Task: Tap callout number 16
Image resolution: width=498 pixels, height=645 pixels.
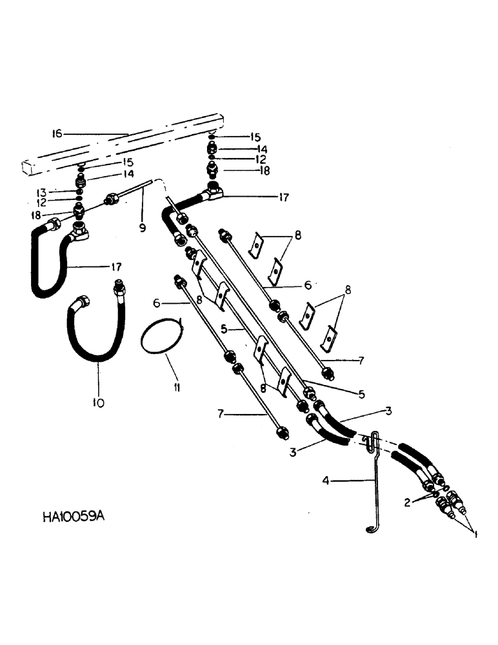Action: [57, 134]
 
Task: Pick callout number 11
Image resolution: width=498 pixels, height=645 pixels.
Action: [176, 388]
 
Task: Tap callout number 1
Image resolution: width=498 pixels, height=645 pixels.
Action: [475, 535]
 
